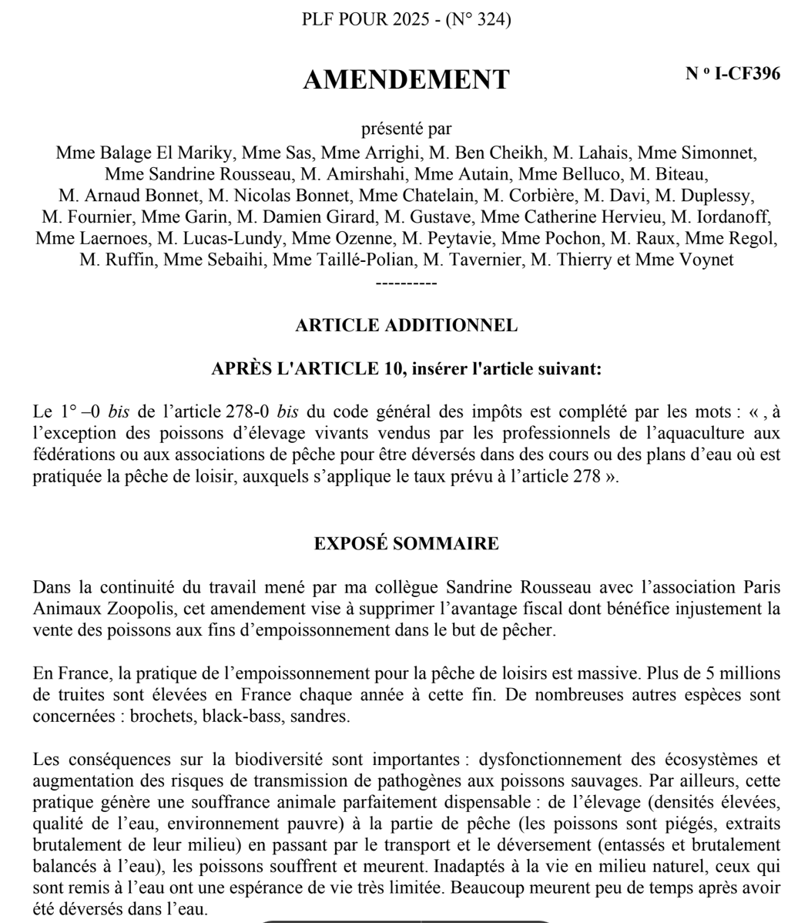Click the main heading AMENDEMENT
[x=406, y=79]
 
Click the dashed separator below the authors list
[x=406, y=283]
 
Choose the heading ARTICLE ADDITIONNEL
[x=406, y=325]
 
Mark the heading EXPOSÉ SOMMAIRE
[x=406, y=543]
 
